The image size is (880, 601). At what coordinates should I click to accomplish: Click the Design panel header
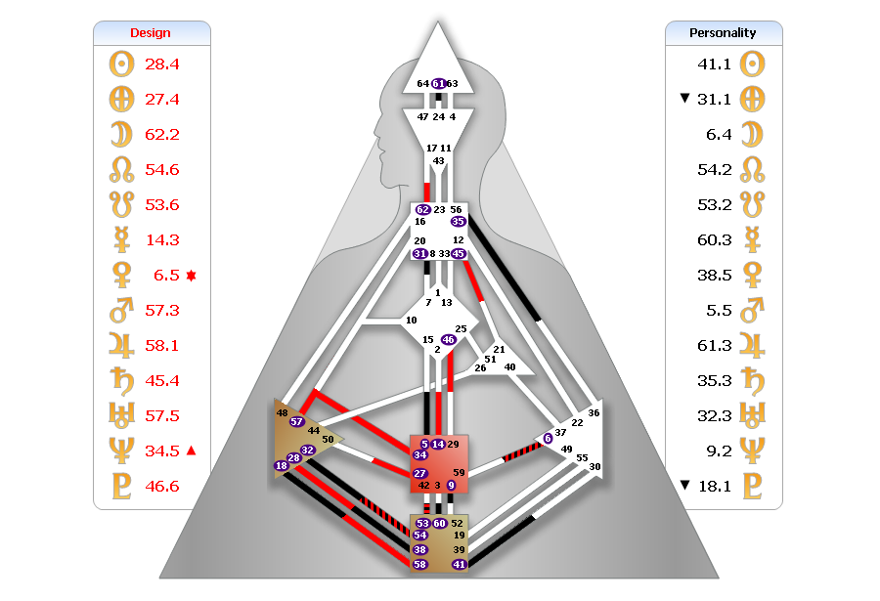click(x=151, y=33)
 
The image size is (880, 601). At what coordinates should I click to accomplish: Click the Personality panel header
click(x=724, y=33)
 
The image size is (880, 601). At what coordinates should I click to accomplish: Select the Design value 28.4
click(x=162, y=64)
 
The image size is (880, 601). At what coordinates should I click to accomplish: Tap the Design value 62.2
click(x=162, y=135)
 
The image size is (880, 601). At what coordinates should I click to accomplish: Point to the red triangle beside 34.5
click(x=191, y=451)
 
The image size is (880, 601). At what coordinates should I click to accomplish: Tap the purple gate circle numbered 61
click(x=439, y=84)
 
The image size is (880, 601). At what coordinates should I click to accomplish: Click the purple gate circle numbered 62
click(x=422, y=210)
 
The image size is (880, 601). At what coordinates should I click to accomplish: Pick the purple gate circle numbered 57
click(x=297, y=421)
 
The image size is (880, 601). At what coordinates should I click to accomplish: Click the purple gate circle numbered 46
click(x=448, y=340)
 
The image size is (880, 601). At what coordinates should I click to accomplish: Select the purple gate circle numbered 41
click(x=459, y=565)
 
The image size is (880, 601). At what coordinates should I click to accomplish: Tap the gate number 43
click(x=439, y=160)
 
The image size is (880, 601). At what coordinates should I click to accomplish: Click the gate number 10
click(x=412, y=320)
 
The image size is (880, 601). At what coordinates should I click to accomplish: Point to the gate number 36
click(x=594, y=413)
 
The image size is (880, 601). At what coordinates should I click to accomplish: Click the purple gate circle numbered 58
click(x=420, y=565)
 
